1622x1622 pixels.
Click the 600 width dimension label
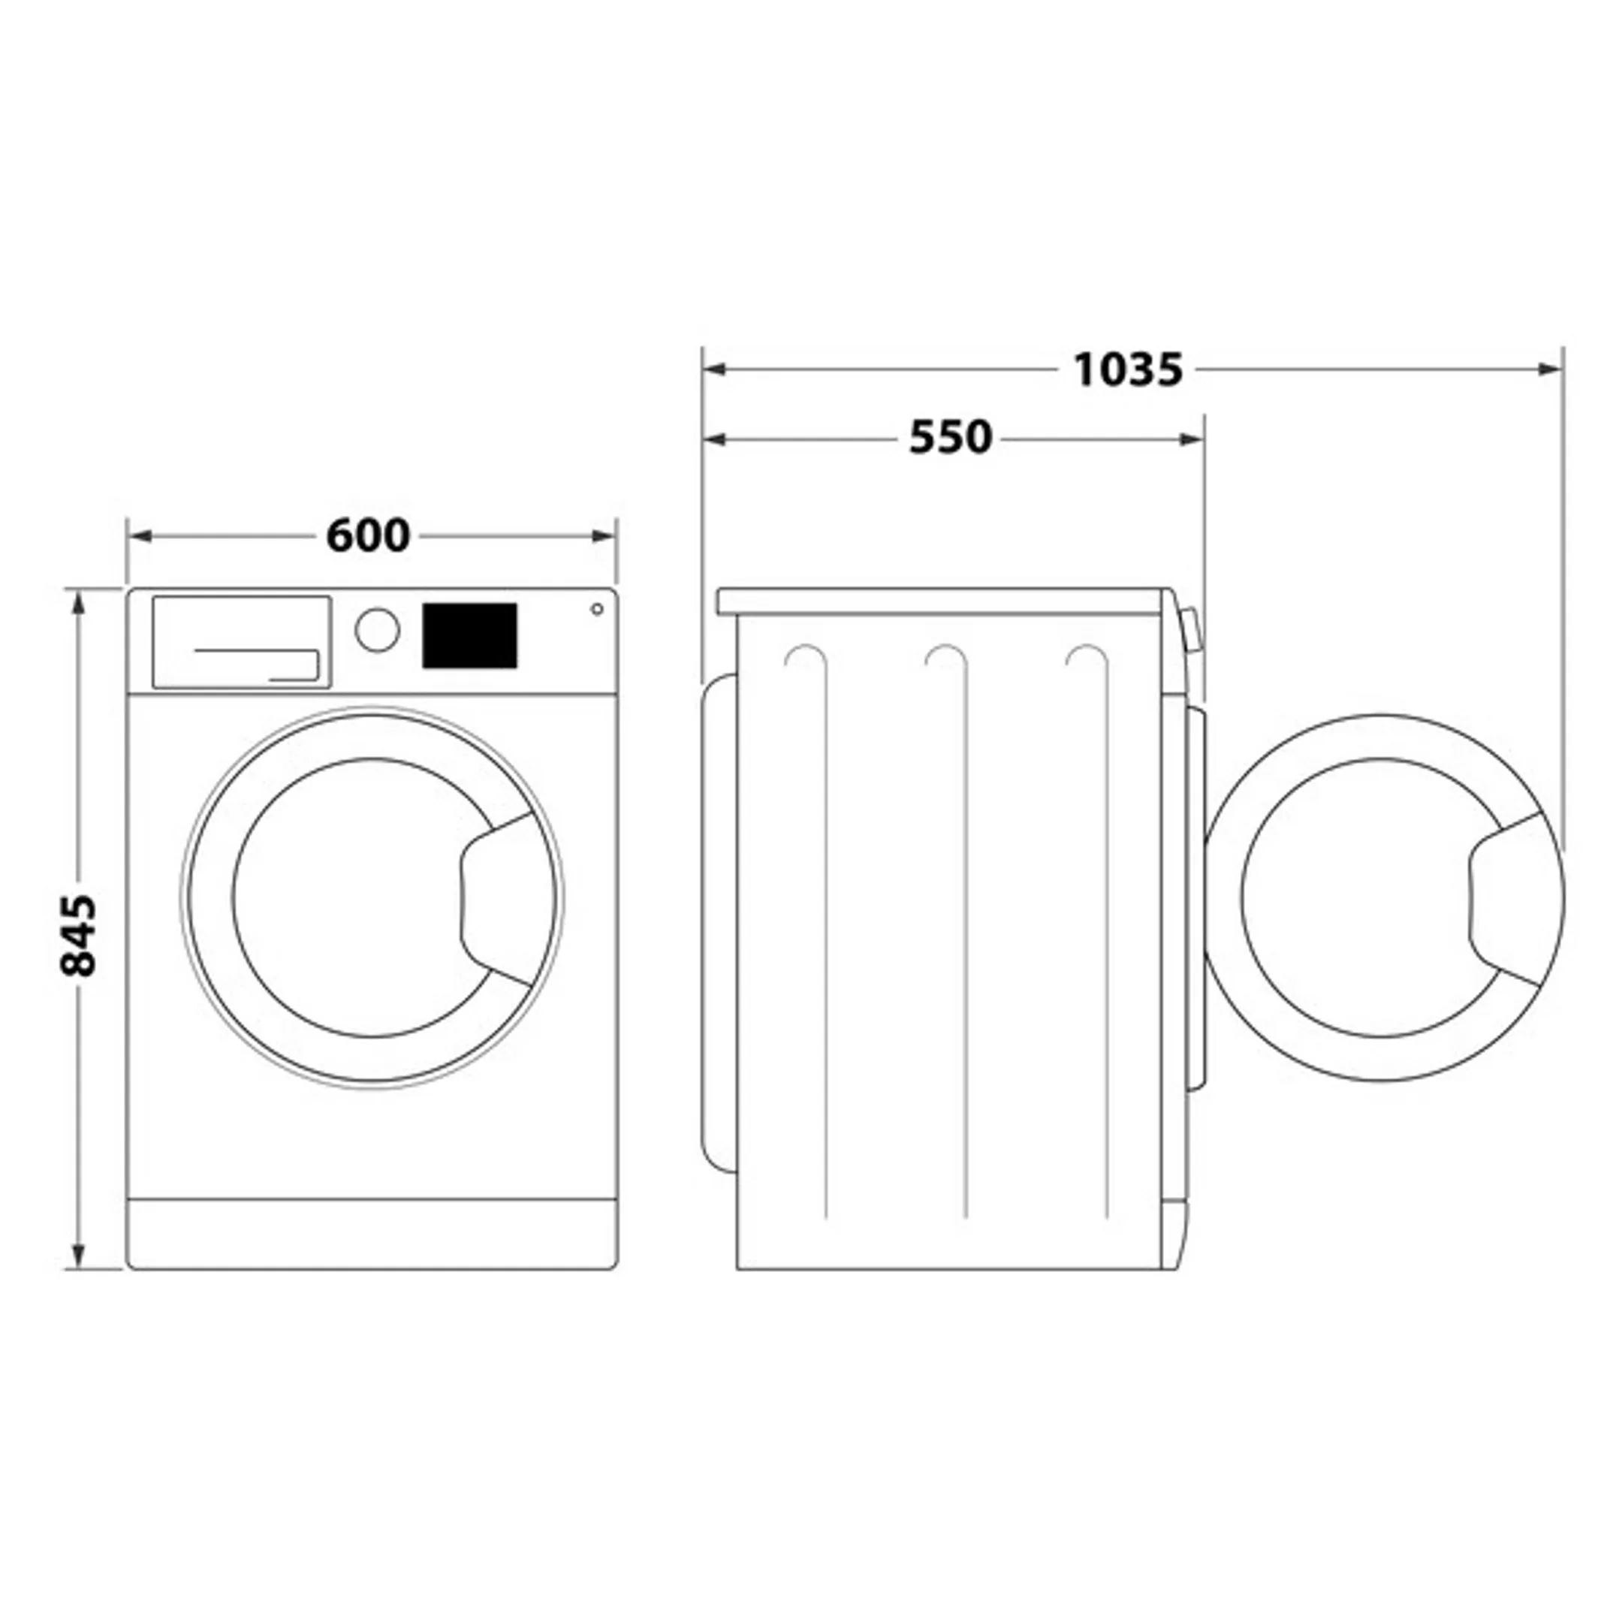[x=368, y=535]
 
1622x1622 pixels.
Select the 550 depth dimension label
[x=951, y=437]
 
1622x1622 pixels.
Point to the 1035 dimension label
[x=1127, y=369]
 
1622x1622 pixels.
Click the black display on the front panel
[x=469, y=635]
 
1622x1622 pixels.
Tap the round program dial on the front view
[x=377, y=630]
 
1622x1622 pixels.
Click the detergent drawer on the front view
[x=241, y=642]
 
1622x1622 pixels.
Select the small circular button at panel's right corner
[x=597, y=609]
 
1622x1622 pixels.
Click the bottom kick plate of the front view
[x=372, y=1233]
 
